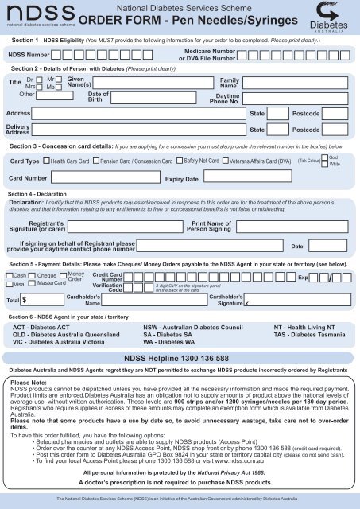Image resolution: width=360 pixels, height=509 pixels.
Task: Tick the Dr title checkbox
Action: [39, 80]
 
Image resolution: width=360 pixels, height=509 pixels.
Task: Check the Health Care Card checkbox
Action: [45, 162]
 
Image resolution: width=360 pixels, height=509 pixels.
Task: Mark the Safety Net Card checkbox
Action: [180, 161]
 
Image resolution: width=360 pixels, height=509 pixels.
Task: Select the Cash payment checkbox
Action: [9, 275]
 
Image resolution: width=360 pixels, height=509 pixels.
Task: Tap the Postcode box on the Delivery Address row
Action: [336, 129]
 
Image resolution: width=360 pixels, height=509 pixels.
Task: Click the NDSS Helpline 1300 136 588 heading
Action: [180, 359]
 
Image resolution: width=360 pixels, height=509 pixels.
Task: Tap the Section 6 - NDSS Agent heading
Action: [73, 317]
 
